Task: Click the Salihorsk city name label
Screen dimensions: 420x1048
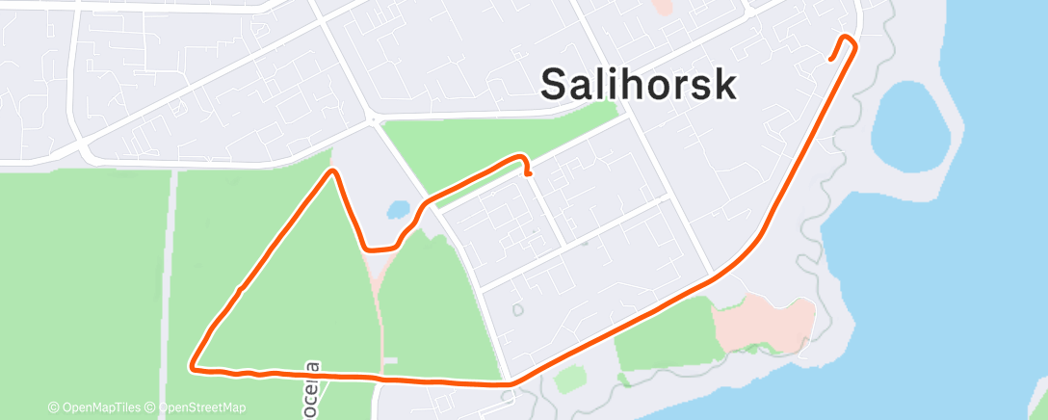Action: (x=638, y=85)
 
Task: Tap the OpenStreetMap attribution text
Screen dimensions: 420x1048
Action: (x=196, y=407)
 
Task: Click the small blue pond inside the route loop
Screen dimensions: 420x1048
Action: (x=397, y=208)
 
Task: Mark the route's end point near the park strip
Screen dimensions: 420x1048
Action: (x=530, y=174)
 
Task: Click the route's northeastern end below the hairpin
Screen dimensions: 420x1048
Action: (x=831, y=59)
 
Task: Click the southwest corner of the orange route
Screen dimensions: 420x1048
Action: (x=194, y=367)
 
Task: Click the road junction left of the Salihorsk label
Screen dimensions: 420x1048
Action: (x=373, y=119)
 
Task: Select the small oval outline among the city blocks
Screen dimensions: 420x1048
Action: (x=516, y=310)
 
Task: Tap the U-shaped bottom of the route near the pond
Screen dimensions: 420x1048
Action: (x=379, y=249)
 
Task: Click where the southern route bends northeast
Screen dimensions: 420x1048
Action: (x=511, y=383)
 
